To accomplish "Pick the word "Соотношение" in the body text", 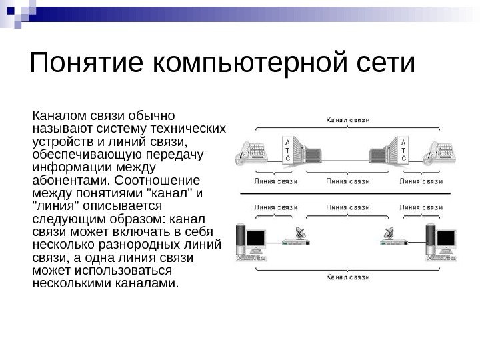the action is (x=162, y=180).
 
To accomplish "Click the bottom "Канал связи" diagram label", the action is (x=347, y=275).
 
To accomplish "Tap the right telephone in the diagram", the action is (x=441, y=153).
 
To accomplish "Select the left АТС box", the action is (x=287, y=152).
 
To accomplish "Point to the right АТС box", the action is (x=403, y=152).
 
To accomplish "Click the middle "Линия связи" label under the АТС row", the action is (x=347, y=180).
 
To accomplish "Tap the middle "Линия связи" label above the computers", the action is (x=347, y=207).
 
